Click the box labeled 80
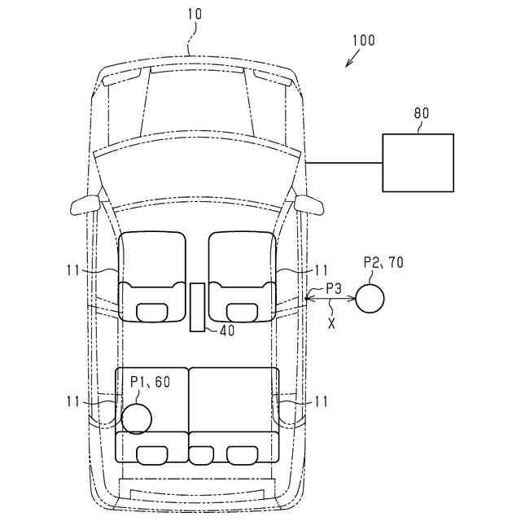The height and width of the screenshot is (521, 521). (418, 163)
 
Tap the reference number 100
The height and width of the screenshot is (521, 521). (364, 40)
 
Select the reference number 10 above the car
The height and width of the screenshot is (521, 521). (195, 15)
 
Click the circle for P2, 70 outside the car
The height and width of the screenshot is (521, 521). (370, 297)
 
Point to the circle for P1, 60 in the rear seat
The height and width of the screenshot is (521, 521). (136, 418)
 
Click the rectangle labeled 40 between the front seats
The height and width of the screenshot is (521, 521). (197, 307)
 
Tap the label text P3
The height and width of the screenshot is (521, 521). (334, 287)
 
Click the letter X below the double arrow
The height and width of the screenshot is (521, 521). (331, 322)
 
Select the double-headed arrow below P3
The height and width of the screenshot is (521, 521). (330, 301)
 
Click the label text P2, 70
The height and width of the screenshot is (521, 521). (383, 262)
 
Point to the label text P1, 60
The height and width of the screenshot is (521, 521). (151, 381)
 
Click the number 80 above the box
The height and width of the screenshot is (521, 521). (421, 114)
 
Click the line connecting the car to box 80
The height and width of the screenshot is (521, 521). (344, 163)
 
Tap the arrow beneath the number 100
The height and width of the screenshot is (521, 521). (352, 59)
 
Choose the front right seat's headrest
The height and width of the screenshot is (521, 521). (242, 310)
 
